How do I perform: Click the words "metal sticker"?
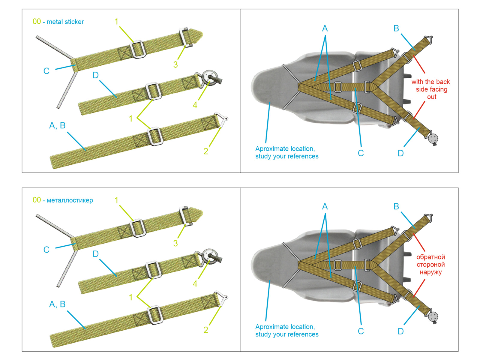(x=65, y=22)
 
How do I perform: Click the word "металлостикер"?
(x=70, y=200)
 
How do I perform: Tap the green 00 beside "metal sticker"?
(x=37, y=22)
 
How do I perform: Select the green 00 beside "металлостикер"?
(x=37, y=200)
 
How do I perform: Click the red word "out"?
(x=432, y=97)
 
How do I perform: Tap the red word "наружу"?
(x=430, y=272)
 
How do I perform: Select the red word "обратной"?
(x=430, y=257)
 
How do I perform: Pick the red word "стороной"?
(x=430, y=265)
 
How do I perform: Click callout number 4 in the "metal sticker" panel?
(x=195, y=105)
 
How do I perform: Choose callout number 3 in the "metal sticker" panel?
(x=175, y=64)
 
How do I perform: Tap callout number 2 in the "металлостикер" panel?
(x=206, y=330)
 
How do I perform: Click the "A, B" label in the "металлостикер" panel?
(x=57, y=304)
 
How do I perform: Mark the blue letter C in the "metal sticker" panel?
(x=46, y=71)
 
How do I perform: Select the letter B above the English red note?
(x=396, y=28)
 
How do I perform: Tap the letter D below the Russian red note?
(x=401, y=331)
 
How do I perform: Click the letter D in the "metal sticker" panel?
(x=96, y=75)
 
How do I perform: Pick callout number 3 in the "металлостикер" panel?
(x=175, y=243)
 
